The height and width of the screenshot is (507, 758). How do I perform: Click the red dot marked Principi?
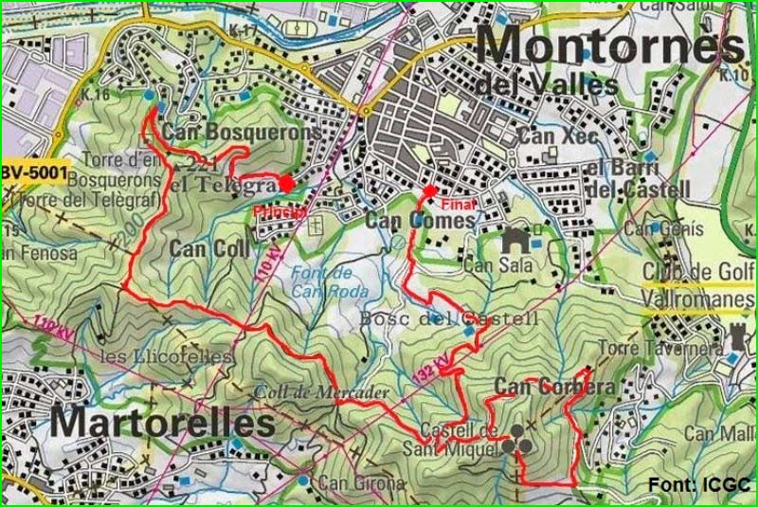(x=286, y=184)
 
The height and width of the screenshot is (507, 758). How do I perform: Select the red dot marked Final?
(x=430, y=191)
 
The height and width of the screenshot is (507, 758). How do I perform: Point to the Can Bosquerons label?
(x=242, y=133)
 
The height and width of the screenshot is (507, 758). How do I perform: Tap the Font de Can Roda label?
(x=316, y=281)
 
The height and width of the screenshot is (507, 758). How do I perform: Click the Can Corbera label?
(x=554, y=388)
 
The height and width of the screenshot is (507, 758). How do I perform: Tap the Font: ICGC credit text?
(x=698, y=485)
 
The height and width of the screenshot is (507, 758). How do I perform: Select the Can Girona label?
(x=361, y=483)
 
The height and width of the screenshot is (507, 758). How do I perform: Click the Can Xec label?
(x=558, y=136)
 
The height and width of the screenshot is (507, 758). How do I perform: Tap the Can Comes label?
(x=420, y=220)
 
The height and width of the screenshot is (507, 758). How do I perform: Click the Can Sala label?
(x=492, y=266)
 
